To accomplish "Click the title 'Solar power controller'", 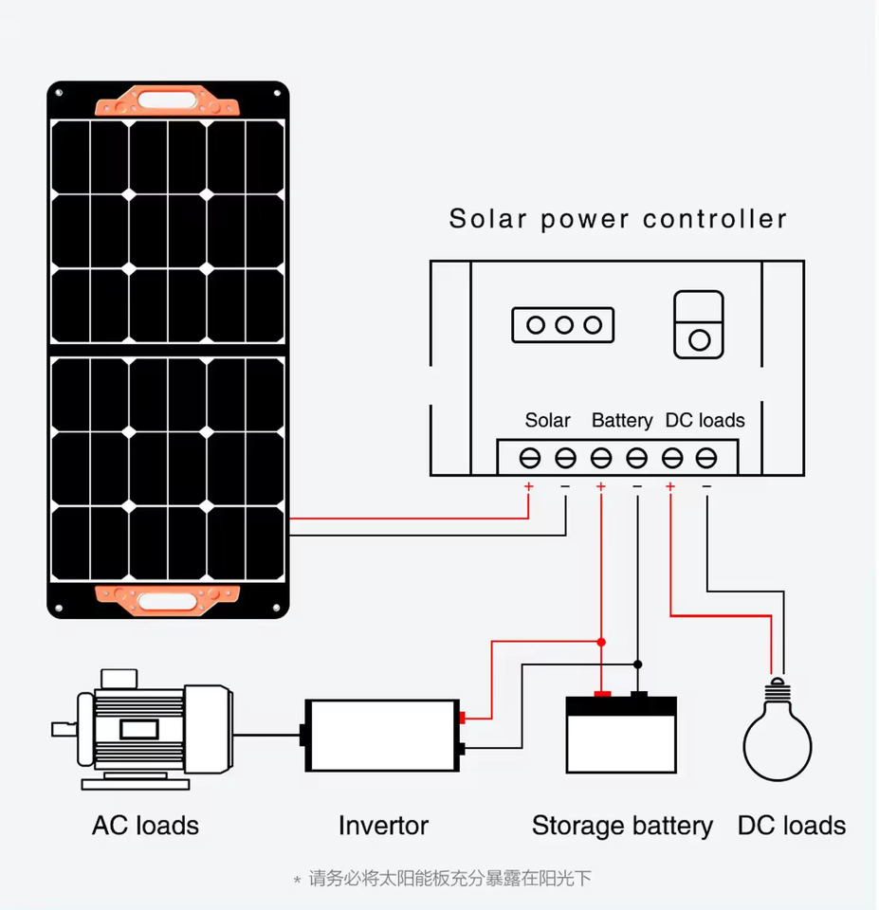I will coord(617,219).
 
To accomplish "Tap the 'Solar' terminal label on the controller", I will coord(547,420).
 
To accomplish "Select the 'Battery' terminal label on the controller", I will coord(622,420).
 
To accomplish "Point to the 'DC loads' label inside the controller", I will coord(705,420).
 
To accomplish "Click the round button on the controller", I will coord(699,339).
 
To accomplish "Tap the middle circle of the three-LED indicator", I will coord(564,325).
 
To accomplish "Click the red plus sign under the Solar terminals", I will coord(528,487).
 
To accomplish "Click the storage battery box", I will coord(621,740).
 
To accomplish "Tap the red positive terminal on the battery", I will coord(602,695).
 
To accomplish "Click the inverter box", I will coord(381,736).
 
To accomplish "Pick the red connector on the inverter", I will coord(462,718).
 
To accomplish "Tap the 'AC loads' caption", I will coord(145,826).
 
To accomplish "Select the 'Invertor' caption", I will coord(383,826).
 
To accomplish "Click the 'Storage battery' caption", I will coord(621,826).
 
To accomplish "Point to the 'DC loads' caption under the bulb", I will coord(791,826).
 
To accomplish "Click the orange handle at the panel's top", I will coord(168,99).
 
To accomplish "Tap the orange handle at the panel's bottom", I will coord(168,599).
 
